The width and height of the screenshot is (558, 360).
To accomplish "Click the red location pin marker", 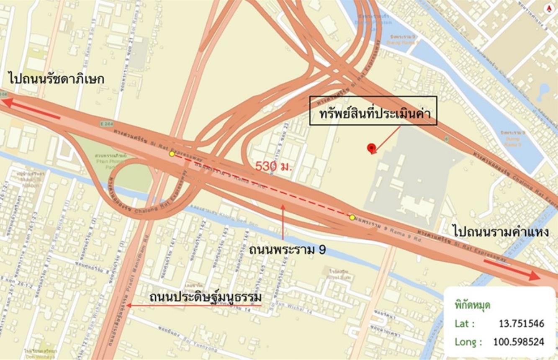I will (x=371, y=147).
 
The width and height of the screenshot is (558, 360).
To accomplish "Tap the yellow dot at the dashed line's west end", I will (x=172, y=154).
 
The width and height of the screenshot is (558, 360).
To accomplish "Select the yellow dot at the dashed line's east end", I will (x=352, y=217).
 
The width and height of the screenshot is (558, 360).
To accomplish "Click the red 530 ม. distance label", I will (x=274, y=166).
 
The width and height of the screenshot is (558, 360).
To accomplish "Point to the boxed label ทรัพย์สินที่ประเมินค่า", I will (x=373, y=111).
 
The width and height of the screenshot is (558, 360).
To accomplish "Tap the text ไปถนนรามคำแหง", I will (x=501, y=231).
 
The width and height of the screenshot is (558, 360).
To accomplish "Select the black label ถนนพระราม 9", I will (x=287, y=249).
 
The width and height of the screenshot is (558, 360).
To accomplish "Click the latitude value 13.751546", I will (x=521, y=324).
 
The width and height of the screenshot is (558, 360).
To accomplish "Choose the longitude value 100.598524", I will (x=519, y=342).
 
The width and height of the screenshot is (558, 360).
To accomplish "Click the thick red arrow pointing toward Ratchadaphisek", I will (x=32, y=109).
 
